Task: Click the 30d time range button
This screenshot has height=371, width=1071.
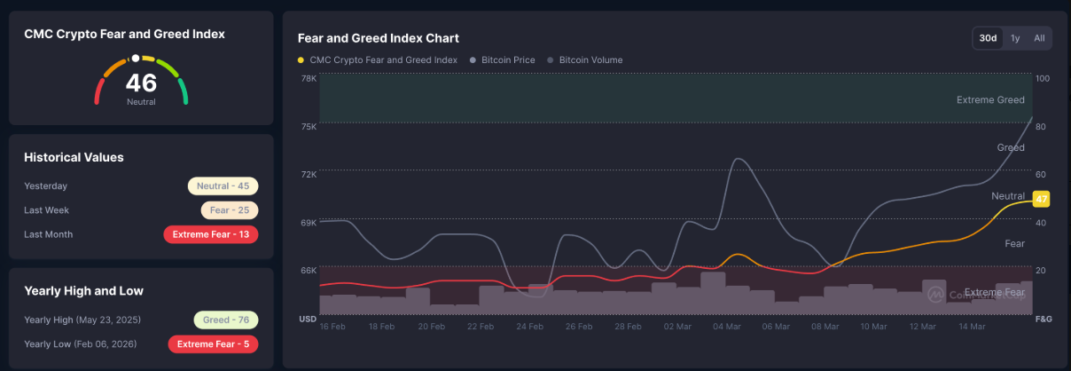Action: pyautogui.click(x=988, y=38)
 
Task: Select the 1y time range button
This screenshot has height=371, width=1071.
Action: pyautogui.click(x=1015, y=38)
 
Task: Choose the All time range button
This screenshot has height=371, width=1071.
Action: pyautogui.click(x=1039, y=38)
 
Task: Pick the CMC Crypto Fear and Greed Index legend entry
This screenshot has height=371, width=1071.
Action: pyautogui.click(x=378, y=60)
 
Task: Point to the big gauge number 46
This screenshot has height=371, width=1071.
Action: pyautogui.click(x=141, y=83)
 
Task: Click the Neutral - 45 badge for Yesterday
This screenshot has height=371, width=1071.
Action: pyautogui.click(x=223, y=186)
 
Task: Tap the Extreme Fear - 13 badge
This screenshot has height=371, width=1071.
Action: pyautogui.click(x=211, y=234)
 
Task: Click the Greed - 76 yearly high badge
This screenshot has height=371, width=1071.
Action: pyautogui.click(x=225, y=320)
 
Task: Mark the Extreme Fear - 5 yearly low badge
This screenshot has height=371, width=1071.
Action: pyautogui.click(x=213, y=343)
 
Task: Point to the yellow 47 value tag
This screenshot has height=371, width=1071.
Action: pyautogui.click(x=1041, y=199)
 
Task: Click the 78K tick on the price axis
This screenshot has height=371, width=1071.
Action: pyautogui.click(x=309, y=79)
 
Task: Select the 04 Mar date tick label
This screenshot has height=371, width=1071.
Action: pyautogui.click(x=726, y=327)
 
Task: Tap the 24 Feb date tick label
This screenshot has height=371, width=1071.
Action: pyautogui.click(x=529, y=327)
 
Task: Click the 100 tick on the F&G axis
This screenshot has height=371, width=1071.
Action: pyautogui.click(x=1043, y=79)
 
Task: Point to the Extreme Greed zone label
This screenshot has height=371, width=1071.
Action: pyautogui.click(x=990, y=100)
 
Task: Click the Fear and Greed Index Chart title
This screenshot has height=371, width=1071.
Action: pyautogui.click(x=379, y=38)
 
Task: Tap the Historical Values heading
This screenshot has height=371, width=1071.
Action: pyautogui.click(x=74, y=157)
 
